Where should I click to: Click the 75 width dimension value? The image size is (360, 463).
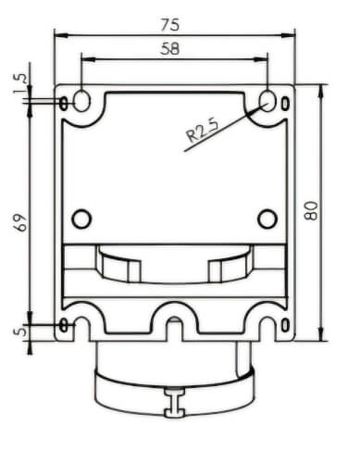pyautogui.click(x=169, y=25)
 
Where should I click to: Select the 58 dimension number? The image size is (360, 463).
pyautogui.click(x=169, y=49)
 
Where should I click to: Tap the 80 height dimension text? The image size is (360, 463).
pyautogui.click(x=311, y=210)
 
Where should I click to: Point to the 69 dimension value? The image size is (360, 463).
pyautogui.click(x=21, y=222)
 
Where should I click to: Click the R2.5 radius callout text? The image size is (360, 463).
pyautogui.click(x=203, y=131)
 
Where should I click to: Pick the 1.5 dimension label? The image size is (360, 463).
pyautogui.click(x=19, y=83)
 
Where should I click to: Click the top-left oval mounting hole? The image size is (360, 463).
pyautogui.click(x=81, y=101)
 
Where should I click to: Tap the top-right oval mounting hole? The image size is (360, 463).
pyautogui.click(x=267, y=101)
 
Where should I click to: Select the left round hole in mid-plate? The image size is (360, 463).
pyautogui.click(x=81, y=219)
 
